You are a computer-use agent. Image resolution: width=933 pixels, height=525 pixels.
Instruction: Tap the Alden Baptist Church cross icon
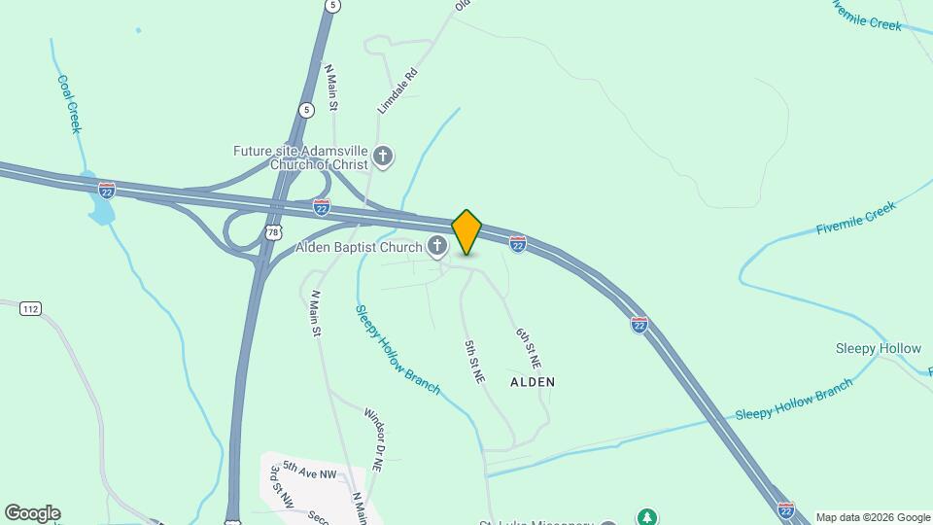438,248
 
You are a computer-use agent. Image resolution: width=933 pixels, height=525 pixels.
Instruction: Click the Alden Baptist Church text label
359,248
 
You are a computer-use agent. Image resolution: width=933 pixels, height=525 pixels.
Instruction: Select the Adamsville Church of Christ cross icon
384,157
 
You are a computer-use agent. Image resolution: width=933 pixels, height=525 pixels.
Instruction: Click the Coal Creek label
68,104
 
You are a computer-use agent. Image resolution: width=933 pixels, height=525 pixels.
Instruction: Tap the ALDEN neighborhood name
533,382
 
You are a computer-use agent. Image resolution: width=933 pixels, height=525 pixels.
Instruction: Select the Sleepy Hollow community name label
878,348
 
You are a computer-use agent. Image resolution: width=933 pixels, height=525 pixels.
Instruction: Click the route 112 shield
30,309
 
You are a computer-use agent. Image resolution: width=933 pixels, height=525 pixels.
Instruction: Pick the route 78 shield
273,232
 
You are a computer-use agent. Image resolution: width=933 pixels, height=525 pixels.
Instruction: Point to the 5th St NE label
474,361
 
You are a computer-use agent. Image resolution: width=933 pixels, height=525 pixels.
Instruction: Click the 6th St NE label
527,347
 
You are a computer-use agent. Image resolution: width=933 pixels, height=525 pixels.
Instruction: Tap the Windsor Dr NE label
374,440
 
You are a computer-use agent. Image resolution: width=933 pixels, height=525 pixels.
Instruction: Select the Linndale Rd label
397,91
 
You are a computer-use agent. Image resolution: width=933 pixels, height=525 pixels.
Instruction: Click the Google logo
32,513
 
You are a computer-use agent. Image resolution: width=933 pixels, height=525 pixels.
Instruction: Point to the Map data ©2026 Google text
873,517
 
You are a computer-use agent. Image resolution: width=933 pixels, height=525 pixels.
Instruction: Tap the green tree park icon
646,516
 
